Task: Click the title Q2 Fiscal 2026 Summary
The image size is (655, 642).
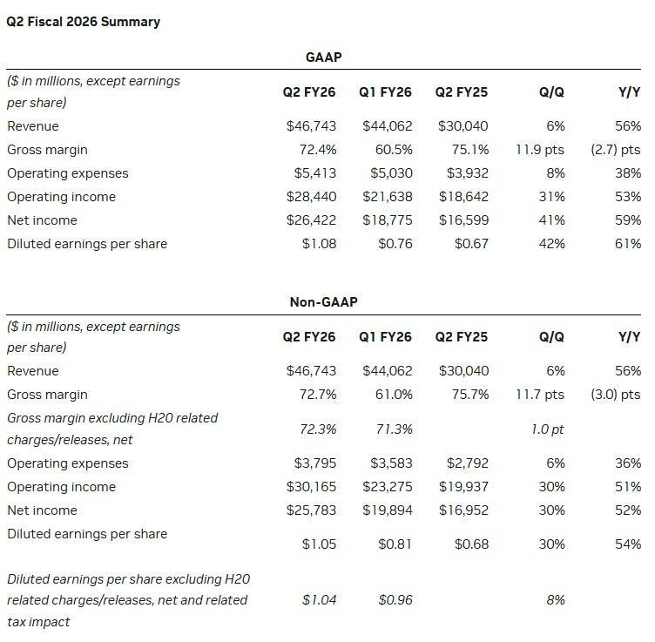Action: point(83,22)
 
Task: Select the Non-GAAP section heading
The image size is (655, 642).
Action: point(323,302)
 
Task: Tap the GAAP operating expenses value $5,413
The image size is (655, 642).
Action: point(311,173)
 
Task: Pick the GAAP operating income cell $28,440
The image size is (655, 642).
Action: point(311,197)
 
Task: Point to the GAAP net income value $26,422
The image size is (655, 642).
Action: point(311,220)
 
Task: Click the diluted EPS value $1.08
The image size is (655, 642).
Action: point(319,244)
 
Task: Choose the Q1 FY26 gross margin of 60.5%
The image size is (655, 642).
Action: point(395,150)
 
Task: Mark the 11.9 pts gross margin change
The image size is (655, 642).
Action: point(540,150)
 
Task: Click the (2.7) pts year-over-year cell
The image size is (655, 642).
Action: point(615,150)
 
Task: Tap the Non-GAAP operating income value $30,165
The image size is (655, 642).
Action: point(311,487)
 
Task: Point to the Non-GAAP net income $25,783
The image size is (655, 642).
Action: point(311,510)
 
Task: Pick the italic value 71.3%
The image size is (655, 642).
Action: point(395,429)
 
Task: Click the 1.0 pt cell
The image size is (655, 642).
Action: point(547,429)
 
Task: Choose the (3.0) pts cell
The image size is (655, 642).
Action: point(615,395)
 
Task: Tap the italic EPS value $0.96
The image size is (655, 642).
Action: point(395,600)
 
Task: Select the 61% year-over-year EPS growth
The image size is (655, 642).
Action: point(628,244)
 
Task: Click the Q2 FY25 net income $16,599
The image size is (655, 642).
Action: point(463,220)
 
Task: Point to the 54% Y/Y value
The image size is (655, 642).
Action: point(628,544)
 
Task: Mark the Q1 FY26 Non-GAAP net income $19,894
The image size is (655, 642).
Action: point(388,510)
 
